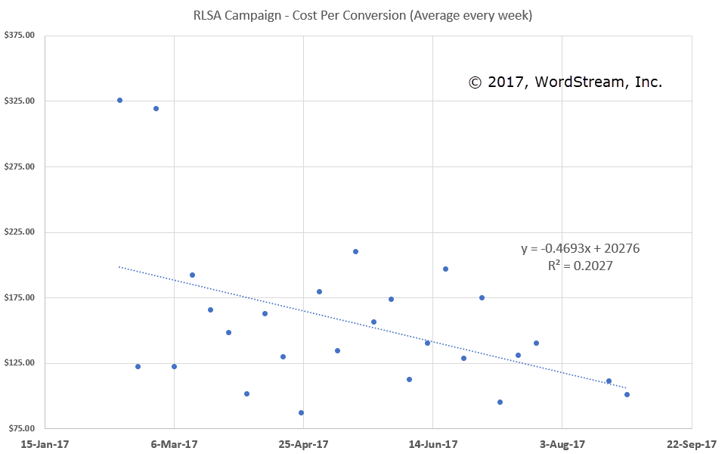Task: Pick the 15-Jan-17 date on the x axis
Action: click(45, 444)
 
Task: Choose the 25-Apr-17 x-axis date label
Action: click(303, 444)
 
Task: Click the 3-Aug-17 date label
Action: click(562, 444)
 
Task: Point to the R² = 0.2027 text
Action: click(581, 266)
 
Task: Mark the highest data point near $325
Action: click(119, 100)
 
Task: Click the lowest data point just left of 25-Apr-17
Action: click(301, 412)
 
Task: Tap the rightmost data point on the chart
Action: click(627, 394)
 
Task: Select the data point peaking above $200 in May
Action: click(355, 251)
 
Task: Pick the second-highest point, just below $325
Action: click(156, 108)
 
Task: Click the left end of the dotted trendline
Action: click(119, 266)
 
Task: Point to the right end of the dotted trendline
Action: click(626, 387)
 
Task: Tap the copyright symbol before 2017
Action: click(475, 82)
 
